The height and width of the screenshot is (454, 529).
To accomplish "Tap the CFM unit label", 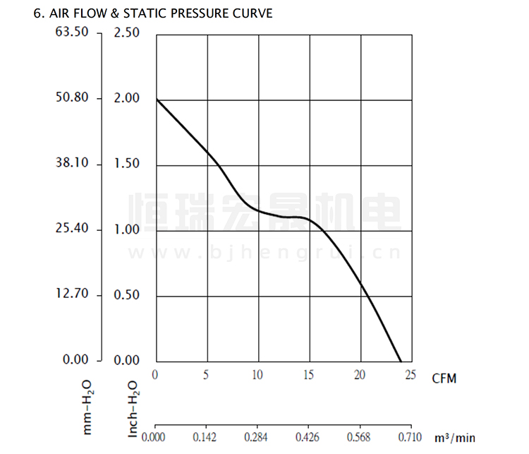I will pyautogui.click(x=444, y=379).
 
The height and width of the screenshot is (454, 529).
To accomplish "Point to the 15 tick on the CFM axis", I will pyautogui.click(x=309, y=374).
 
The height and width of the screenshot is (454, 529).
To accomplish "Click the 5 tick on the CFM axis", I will pyautogui.click(x=206, y=374).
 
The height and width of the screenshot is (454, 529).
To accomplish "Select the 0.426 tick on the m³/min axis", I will pyautogui.click(x=309, y=438).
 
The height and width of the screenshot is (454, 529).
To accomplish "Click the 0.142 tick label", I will pyautogui.click(x=206, y=438).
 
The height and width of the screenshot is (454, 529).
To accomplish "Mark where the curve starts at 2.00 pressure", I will pyautogui.click(x=156, y=100).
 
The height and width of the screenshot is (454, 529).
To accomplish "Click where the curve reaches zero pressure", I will pyautogui.click(x=401, y=361).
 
